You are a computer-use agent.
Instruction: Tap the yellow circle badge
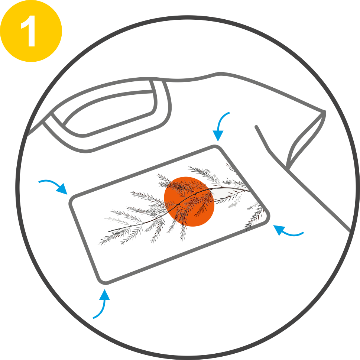(x=31, y=31)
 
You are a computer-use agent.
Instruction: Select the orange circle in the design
(x=189, y=201)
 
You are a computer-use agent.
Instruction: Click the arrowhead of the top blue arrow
(x=218, y=136)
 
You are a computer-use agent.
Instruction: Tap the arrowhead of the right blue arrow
(x=279, y=230)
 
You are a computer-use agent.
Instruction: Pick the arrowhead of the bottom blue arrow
(x=105, y=295)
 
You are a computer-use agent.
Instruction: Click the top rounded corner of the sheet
(x=216, y=147)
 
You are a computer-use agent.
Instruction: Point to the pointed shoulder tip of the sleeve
(x=324, y=112)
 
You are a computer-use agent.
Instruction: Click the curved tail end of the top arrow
(x=229, y=113)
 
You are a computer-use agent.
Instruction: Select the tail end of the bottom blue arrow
(x=94, y=318)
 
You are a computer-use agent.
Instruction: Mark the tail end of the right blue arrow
(x=303, y=233)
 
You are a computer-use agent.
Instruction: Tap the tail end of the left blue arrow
(x=39, y=182)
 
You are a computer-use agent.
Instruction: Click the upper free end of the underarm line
(x=257, y=127)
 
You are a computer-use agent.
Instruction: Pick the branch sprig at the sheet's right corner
(x=254, y=216)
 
